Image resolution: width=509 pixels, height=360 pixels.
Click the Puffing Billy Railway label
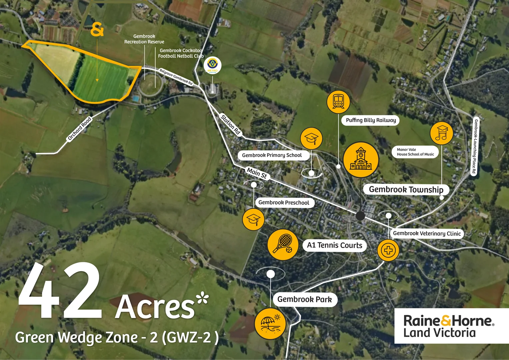point(371,120)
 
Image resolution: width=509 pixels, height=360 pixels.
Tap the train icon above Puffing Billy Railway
point(338,101)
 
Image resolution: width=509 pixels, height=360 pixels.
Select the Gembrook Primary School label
point(272,155)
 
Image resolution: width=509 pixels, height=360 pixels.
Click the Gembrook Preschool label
point(284,203)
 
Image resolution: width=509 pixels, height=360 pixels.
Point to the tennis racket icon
point(283,245)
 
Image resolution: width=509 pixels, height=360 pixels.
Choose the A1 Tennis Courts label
point(334,245)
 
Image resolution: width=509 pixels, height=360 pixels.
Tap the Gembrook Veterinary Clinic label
point(427,233)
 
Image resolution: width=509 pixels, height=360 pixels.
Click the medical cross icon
point(388,250)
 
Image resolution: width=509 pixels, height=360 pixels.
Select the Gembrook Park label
point(304,299)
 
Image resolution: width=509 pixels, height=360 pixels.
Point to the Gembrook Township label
point(406,190)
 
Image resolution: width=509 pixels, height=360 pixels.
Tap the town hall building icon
point(361,160)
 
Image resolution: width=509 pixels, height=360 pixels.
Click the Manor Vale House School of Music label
point(415,152)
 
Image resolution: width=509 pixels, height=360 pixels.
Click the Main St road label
point(257,173)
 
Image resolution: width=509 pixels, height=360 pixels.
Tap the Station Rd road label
point(230,124)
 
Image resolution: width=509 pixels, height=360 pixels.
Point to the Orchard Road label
point(79,129)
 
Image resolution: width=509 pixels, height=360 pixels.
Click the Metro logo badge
point(212,65)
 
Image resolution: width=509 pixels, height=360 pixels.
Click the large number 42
point(60,291)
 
